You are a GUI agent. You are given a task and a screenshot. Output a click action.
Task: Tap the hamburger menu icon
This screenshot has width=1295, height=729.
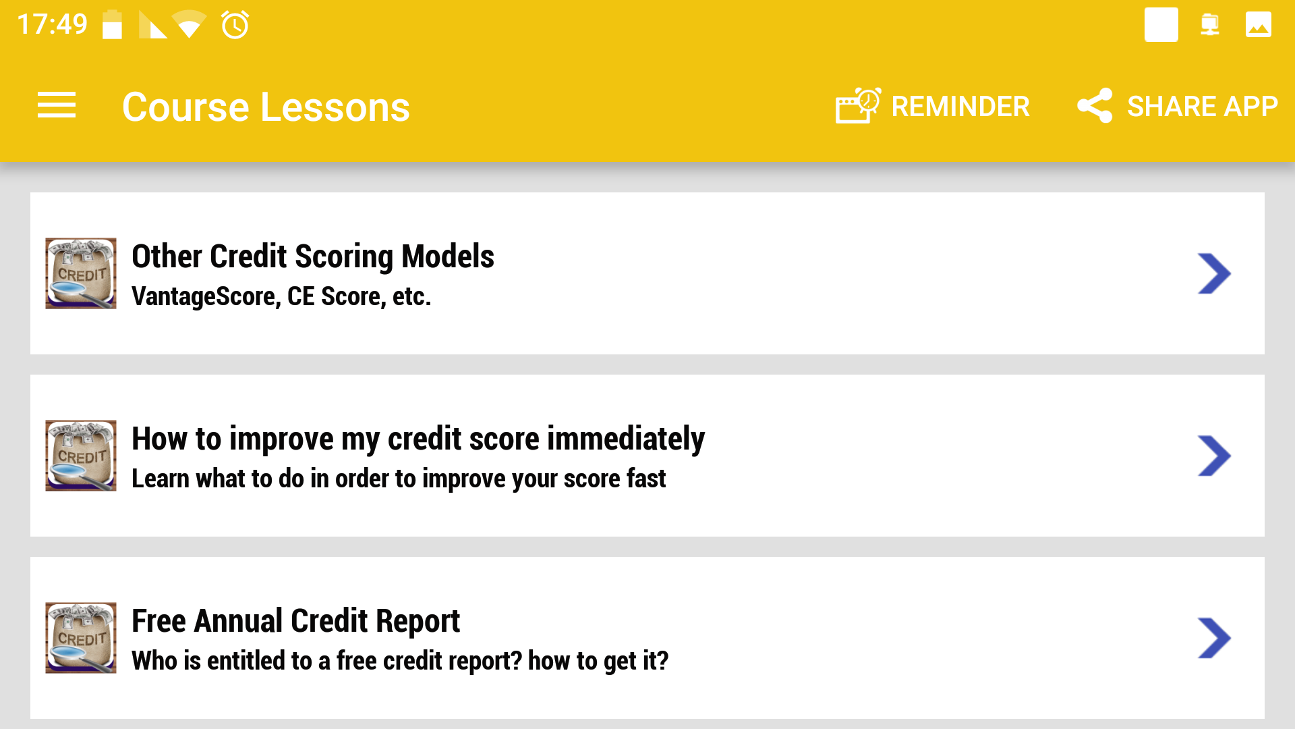point(57,105)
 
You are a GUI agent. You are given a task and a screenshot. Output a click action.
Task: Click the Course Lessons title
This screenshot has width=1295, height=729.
point(266,107)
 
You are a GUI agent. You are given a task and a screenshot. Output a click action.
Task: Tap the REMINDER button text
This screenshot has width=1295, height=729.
point(960,107)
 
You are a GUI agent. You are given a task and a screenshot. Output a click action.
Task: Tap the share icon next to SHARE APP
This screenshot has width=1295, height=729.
point(1094,105)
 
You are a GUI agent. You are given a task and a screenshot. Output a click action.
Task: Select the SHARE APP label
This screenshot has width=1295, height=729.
point(1202,107)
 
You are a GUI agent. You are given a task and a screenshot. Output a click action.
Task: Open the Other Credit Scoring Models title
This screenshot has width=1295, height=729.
point(312,256)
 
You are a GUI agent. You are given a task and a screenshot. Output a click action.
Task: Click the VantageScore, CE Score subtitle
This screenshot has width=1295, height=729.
point(281,296)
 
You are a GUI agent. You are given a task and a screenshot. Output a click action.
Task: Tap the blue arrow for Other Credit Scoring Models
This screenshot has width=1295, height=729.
point(1214,273)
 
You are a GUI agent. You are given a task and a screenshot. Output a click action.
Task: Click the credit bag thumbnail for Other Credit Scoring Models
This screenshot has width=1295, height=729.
point(81,273)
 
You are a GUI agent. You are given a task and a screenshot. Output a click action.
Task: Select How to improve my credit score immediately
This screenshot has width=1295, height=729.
point(418,439)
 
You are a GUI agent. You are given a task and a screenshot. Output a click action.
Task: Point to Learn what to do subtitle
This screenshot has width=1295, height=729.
point(398,479)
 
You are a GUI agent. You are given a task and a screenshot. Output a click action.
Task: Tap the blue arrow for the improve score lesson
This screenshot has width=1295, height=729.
point(1214,456)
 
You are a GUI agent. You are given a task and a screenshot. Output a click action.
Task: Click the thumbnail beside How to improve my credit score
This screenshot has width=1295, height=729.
point(81,456)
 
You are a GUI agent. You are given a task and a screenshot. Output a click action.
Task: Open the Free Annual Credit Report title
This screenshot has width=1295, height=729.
point(295,621)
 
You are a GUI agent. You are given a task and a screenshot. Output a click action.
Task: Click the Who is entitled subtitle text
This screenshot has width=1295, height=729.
point(399,661)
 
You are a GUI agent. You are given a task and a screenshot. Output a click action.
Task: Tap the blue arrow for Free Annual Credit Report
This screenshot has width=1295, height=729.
point(1214,638)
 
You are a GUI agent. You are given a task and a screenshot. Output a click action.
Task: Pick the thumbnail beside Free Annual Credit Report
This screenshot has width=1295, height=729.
point(81,638)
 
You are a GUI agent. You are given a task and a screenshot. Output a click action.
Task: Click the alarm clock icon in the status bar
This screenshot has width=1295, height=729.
point(235,25)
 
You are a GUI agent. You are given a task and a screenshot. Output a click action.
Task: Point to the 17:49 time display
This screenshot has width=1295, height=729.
point(52,24)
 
